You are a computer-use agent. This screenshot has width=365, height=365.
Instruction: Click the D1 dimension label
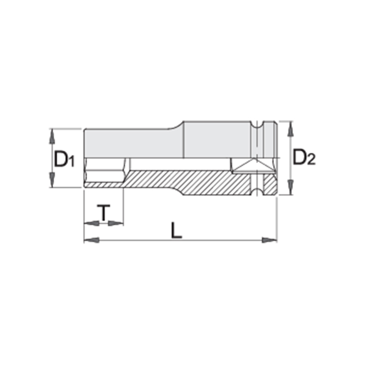64,159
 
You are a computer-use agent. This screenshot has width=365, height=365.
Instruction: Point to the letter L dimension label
176,230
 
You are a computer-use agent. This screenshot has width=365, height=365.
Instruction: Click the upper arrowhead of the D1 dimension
52,137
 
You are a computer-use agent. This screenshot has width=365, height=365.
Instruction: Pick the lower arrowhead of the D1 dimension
52,179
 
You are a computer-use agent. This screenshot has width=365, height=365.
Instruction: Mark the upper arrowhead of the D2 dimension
290,129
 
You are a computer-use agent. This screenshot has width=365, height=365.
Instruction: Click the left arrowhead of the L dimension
91,240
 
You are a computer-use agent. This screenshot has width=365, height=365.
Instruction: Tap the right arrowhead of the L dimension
270,240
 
